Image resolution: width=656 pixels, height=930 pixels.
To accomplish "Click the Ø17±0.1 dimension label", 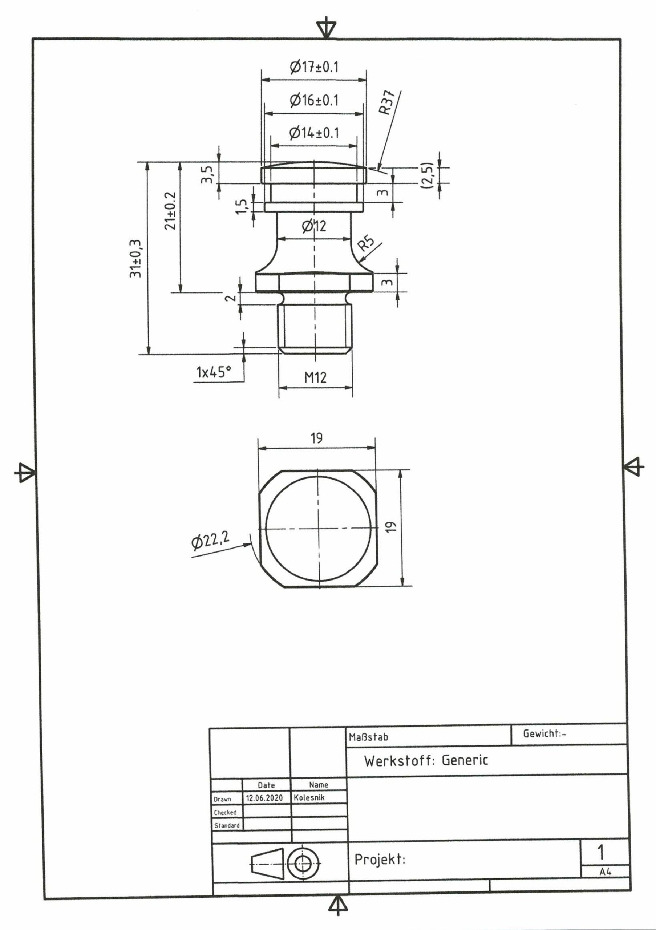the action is tap(314, 67).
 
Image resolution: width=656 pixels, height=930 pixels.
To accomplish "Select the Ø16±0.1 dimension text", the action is tap(314, 100).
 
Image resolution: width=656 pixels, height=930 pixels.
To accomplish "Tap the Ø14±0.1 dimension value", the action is tap(314, 133).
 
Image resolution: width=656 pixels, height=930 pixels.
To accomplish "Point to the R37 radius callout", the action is tap(387, 104).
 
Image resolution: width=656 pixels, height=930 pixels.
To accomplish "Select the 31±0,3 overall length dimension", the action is tap(135, 258).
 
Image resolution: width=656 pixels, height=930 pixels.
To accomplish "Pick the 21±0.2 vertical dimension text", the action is tap(170, 211).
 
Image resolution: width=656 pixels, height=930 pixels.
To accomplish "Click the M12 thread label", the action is tap(315, 377).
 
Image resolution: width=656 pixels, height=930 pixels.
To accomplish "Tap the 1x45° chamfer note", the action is tap(214, 371).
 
